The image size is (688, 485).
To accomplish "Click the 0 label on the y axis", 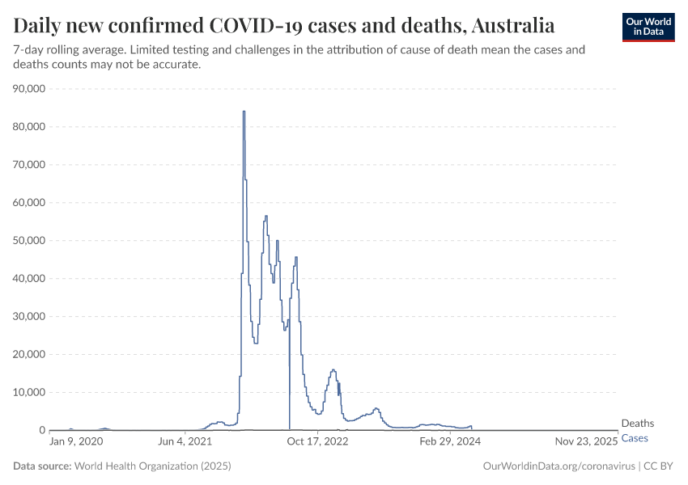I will tap(40, 431).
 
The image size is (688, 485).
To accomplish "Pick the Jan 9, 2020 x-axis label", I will tap(76, 442).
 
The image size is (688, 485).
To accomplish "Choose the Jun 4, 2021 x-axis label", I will tap(185, 442).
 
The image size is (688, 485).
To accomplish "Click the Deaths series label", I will tap(637, 424).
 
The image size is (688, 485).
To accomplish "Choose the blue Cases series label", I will tap(635, 438).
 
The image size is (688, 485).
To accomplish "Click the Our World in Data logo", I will tap(648, 26).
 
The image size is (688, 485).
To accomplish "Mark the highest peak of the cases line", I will tap(244, 112).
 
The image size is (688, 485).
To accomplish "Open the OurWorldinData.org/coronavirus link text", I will tap(558, 466).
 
